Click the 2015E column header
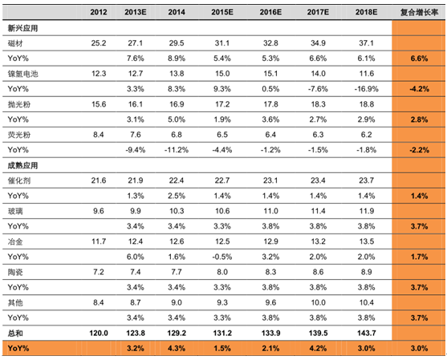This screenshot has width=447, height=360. coord(222,12)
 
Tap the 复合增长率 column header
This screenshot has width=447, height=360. coord(419,12)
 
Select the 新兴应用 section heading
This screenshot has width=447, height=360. coord(22,28)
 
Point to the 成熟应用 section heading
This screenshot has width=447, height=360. coord(22,165)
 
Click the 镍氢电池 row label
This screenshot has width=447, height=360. coord(22,74)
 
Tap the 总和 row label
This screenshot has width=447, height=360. coord(15,334)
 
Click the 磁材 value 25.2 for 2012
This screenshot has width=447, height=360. coord(99,43)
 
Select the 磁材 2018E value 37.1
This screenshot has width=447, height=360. coord(366,43)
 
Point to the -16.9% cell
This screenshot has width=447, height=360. coord(366,89)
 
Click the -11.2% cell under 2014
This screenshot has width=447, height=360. coord(177,150)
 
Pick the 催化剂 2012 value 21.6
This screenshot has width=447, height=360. coord(99,180)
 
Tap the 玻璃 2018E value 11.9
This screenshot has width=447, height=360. coord(366,211)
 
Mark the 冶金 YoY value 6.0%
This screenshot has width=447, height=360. coord(136,257)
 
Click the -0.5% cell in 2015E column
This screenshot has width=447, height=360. coord(222,257)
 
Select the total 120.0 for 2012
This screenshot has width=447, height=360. coord(99,334)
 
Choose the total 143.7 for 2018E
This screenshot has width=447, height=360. coord(366,334)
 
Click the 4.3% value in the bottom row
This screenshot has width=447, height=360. coord(177,348)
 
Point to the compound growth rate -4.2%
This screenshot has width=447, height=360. coord(420,89)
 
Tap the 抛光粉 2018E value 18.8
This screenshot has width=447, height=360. coord(366,104)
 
